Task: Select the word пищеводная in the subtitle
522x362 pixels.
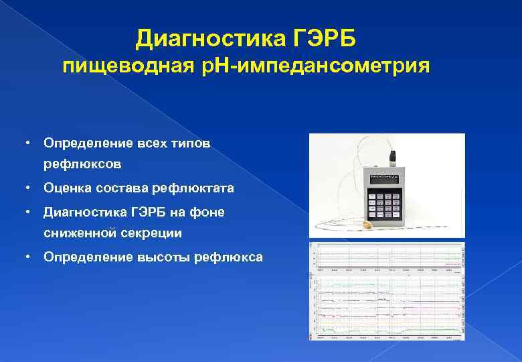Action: click(130, 67)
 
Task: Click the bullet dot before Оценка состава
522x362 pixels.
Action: click(25, 188)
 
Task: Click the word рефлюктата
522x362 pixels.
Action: click(198, 188)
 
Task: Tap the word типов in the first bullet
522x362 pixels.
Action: click(191, 143)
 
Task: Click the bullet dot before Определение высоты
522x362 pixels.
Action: click(25, 257)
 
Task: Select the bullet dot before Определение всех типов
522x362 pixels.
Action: click(25, 143)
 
